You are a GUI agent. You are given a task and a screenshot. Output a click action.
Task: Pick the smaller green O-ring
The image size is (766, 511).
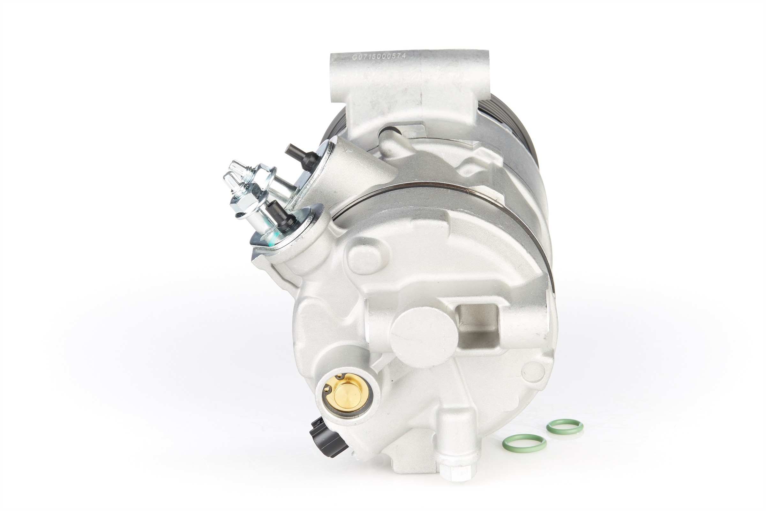point(564,426)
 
